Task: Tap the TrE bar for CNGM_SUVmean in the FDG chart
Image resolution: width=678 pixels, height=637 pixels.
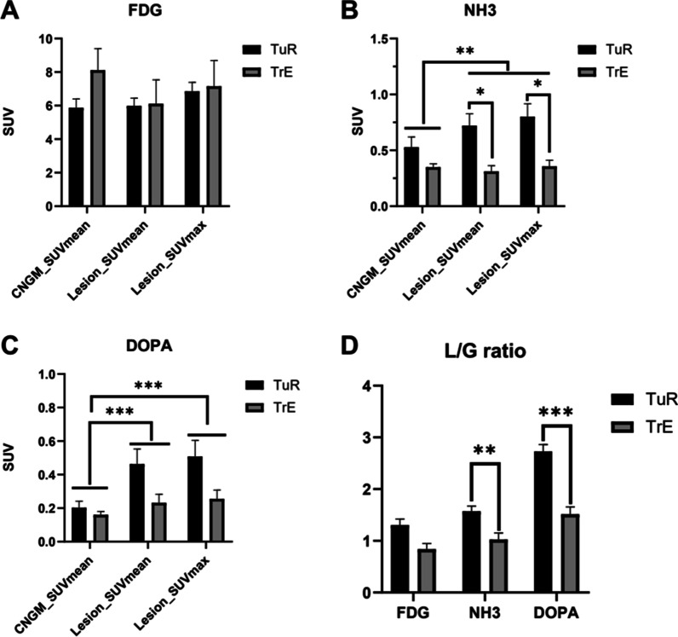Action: click(x=98, y=138)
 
